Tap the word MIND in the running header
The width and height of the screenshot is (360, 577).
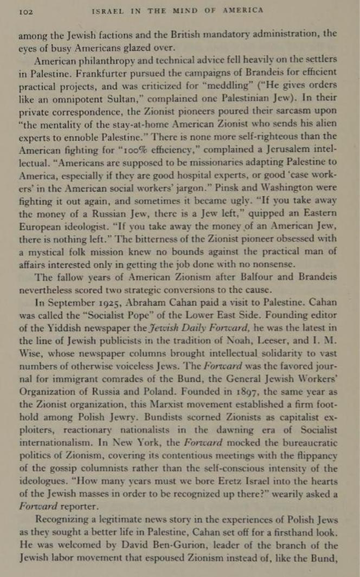click(x=191, y=10)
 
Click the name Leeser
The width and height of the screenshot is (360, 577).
click(x=271, y=340)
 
